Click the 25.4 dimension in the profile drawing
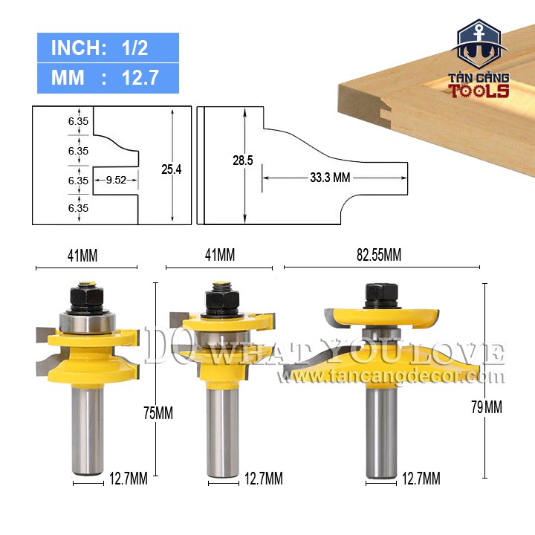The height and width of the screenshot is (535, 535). pyautogui.click(x=172, y=169)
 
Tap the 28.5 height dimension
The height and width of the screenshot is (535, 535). pyautogui.click(x=242, y=160)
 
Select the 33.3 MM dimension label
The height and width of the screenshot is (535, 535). pyautogui.click(x=330, y=178)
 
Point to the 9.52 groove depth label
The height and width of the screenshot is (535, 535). pyautogui.click(x=116, y=180)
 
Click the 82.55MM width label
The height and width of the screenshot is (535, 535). pyautogui.click(x=379, y=255)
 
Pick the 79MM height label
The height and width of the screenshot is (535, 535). pyautogui.click(x=487, y=407)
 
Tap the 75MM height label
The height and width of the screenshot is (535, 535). pyautogui.click(x=158, y=413)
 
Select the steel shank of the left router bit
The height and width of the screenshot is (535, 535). pyautogui.click(x=88, y=430)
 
